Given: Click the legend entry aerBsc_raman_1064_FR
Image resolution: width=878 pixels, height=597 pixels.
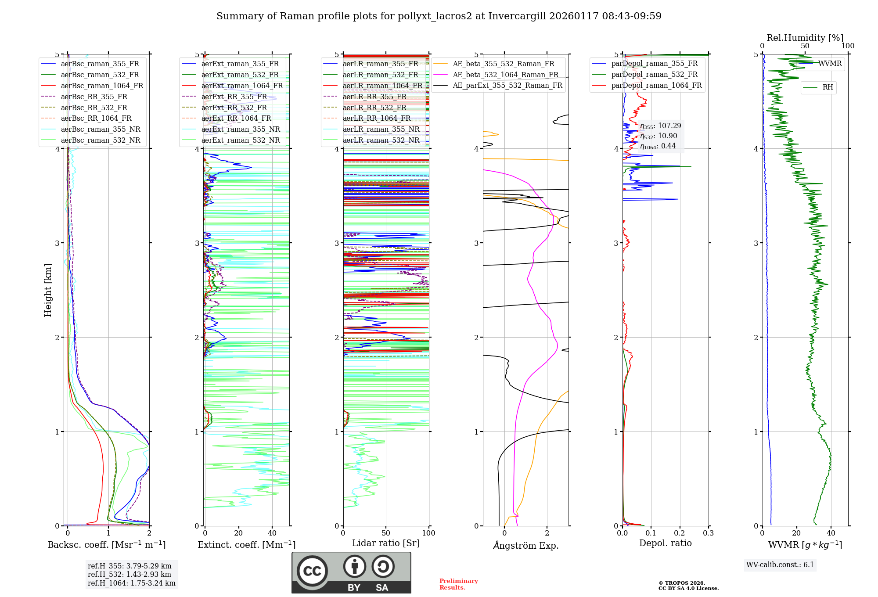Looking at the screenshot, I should [x=102, y=86].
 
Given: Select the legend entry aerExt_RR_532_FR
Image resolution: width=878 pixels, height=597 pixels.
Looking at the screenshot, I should [x=234, y=108].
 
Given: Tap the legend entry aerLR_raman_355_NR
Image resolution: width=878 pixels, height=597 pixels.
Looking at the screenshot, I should [x=381, y=129].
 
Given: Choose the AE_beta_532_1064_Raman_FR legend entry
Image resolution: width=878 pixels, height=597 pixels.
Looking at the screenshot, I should [x=505, y=75].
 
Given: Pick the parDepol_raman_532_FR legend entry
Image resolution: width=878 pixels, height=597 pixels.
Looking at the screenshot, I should [x=654, y=75].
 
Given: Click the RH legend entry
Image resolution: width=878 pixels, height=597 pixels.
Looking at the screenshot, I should [x=828, y=87].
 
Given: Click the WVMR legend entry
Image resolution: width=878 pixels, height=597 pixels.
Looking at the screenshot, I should [x=830, y=64].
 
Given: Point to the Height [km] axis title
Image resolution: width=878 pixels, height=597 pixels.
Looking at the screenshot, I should [x=48, y=290].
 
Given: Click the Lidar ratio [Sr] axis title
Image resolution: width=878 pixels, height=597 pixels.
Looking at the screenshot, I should [x=386, y=543].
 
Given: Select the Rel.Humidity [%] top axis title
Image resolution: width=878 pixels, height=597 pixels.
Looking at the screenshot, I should [x=805, y=38].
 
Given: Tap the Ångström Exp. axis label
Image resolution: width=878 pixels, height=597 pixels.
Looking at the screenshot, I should [x=525, y=545].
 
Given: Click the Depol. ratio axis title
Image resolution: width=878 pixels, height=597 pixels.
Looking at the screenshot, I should [x=665, y=543].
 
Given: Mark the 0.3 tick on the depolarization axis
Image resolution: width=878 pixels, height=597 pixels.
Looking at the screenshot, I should [x=708, y=533].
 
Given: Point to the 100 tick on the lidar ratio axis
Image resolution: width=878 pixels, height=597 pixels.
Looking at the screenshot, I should [x=428, y=533].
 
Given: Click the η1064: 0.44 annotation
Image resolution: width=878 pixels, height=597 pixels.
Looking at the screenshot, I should [x=658, y=146].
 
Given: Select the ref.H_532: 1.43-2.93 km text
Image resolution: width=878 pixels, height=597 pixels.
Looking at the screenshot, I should [x=130, y=574].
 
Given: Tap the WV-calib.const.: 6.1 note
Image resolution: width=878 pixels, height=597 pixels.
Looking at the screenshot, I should [x=780, y=565].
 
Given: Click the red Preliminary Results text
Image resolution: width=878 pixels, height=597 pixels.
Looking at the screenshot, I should [x=458, y=584].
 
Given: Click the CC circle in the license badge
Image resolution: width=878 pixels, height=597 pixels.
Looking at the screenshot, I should [x=312, y=571].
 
